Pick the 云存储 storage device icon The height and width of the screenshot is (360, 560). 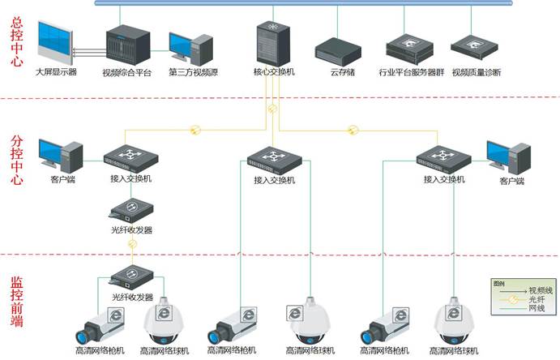click(337, 49)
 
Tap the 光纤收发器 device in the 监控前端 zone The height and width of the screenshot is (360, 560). click(131, 276)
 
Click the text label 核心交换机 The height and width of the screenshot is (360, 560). click(274, 72)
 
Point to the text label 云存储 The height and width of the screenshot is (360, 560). click(338, 72)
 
